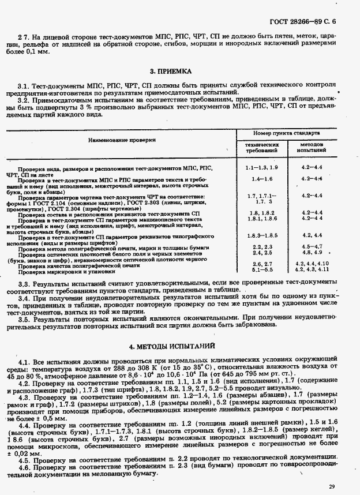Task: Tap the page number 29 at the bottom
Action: pos(331,487)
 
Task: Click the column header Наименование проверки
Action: pos(122,140)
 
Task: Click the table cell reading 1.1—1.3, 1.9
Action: pos(261,167)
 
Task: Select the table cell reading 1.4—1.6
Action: pos(261,179)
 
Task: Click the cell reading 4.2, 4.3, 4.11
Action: pos(312,269)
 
